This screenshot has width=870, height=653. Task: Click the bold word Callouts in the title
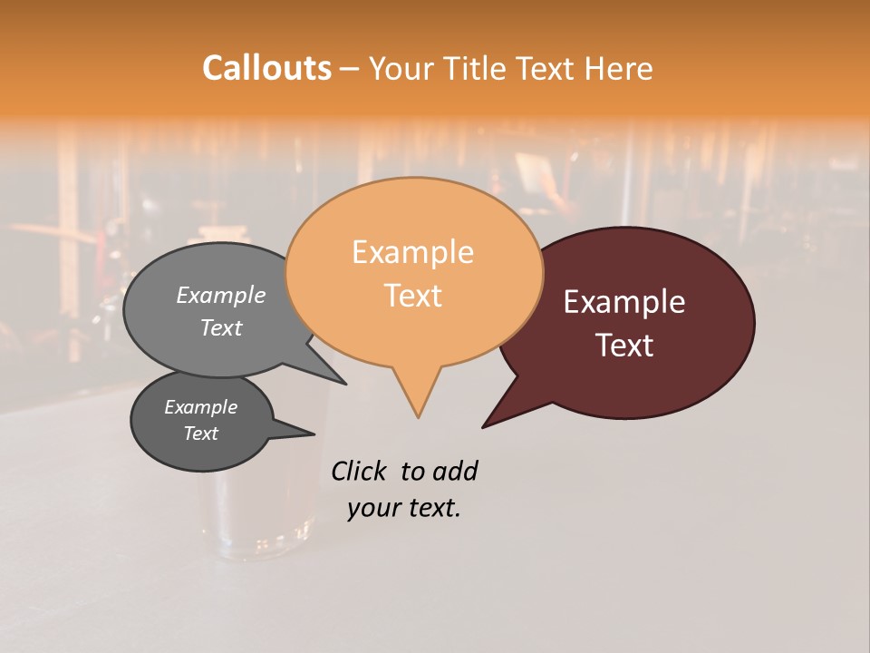266,68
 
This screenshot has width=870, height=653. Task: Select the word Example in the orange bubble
412,252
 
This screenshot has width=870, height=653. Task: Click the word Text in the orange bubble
412,296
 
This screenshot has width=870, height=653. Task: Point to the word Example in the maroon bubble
624,302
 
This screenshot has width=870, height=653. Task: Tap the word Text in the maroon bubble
624,346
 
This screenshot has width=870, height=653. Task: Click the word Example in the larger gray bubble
221,295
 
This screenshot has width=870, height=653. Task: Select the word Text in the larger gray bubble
221,327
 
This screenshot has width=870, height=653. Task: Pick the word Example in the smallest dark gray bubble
200,407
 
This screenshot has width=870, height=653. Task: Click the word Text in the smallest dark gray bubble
200,434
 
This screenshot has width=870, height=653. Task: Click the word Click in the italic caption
360,471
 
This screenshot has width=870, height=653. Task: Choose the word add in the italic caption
455,471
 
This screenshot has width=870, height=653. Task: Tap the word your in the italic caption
372,508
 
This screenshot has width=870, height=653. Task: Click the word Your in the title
399,68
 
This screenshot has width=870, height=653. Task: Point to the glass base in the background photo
258,544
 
